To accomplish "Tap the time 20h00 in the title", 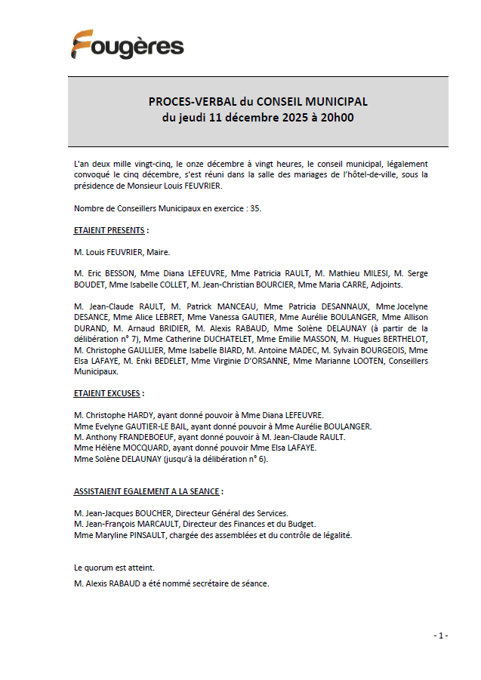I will (x=338, y=117).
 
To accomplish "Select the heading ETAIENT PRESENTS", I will (x=111, y=229).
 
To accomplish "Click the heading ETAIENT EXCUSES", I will (x=108, y=393).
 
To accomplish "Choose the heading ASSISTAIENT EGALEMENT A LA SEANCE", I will (x=147, y=491).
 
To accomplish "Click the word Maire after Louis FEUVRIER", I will (x=157, y=251).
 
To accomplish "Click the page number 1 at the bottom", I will (x=442, y=635).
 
